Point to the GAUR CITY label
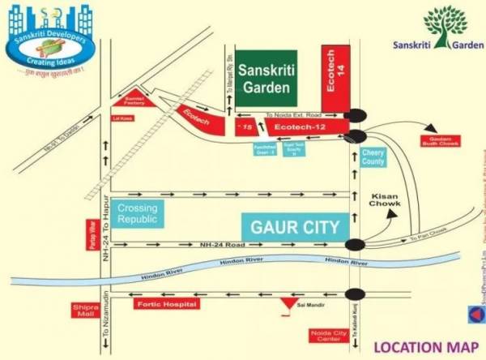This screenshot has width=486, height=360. click(294, 224)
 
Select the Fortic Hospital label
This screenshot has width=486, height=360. click(165, 303)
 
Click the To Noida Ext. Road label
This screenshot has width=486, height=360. click(288, 115)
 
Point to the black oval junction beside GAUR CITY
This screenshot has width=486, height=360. click(353, 244)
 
